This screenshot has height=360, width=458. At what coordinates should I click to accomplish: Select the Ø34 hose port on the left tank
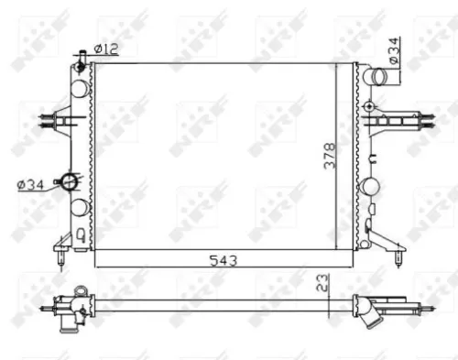[68, 181]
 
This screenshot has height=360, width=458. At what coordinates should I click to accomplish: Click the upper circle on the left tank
[81, 86]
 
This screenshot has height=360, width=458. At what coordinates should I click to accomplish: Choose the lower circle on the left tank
[81, 206]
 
